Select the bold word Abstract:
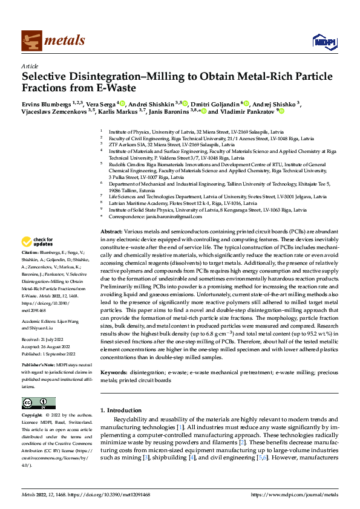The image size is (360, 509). [x=111, y=232]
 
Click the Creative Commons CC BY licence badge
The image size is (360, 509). [x=38, y=403]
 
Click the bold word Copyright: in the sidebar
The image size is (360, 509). [x=31, y=416]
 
